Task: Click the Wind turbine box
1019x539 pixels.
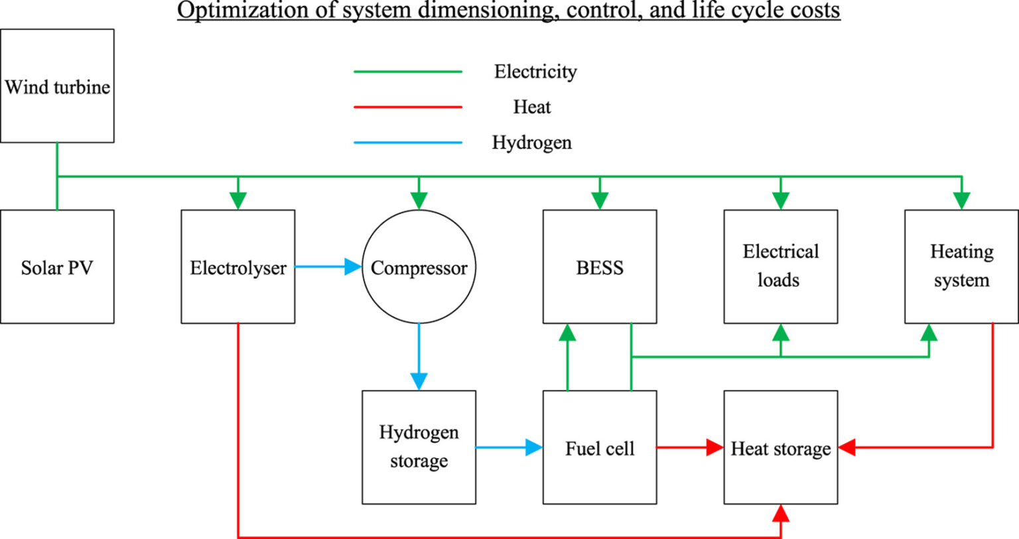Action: point(57,86)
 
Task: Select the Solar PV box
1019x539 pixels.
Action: point(57,267)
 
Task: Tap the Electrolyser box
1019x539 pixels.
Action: point(238,267)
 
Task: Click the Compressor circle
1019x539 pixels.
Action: point(419,267)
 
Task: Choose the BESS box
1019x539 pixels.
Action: point(600,267)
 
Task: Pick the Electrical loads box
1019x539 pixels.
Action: point(780,267)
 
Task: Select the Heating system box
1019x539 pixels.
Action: point(961,267)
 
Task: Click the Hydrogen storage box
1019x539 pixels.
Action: point(419,447)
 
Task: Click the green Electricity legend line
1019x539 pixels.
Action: point(408,72)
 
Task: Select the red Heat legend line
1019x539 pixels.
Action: point(408,107)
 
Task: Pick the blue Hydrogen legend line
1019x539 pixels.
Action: point(408,143)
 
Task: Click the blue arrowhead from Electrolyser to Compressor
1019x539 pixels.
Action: point(353,267)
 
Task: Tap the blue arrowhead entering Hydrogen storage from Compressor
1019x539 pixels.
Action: point(419,381)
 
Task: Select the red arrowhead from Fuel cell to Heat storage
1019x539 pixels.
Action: point(714,448)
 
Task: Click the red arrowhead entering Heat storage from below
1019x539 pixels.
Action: point(781,513)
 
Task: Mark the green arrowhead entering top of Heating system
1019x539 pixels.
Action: point(961,200)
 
